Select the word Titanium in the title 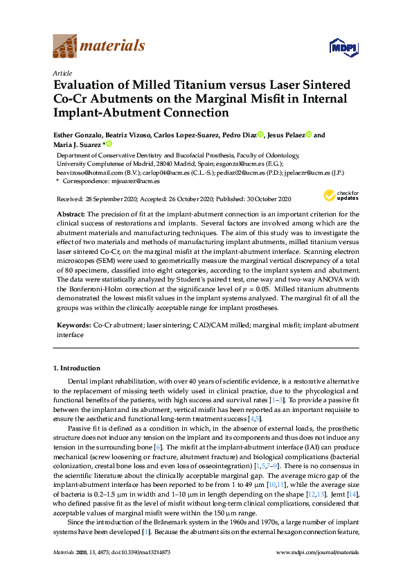[x=178, y=85]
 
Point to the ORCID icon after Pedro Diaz [x=260, y=135]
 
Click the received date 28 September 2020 [x=120, y=199]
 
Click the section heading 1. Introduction [x=77, y=368]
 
